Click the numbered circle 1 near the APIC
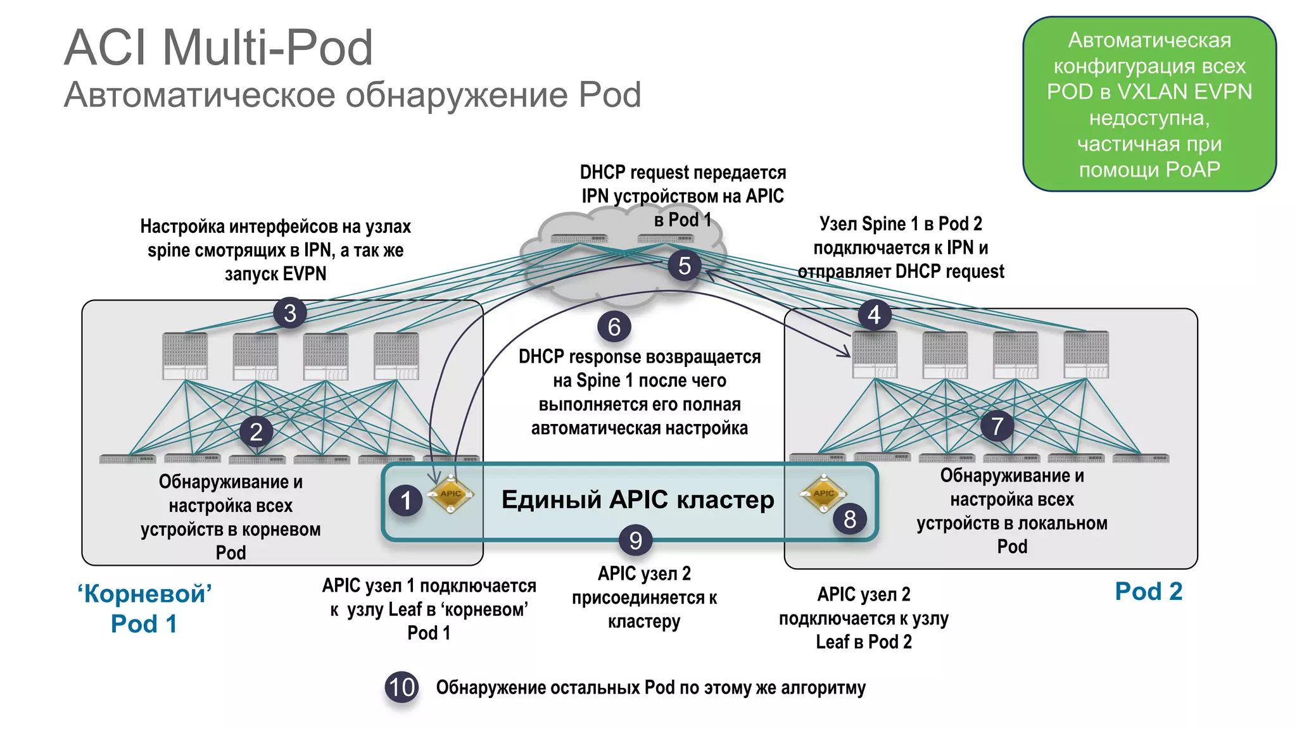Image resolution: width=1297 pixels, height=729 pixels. tap(406, 501)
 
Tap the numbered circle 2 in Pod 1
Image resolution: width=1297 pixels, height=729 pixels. tap(256, 432)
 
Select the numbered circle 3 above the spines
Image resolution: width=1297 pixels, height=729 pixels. tap(290, 313)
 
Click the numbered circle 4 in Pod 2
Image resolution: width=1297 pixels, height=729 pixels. tap(874, 314)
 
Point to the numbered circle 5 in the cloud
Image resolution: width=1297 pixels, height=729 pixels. tap(684, 265)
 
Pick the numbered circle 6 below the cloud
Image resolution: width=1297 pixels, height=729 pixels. tap(614, 327)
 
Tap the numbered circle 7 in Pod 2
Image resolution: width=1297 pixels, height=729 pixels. tap(997, 426)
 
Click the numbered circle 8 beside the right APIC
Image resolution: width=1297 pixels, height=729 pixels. tap(849, 519)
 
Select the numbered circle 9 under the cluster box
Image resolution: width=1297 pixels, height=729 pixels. tap(635, 540)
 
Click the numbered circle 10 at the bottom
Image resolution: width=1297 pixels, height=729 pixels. tap(402, 687)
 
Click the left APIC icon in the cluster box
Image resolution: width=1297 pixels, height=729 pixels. tap(450, 494)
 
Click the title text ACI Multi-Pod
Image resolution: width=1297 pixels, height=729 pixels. tap(218, 47)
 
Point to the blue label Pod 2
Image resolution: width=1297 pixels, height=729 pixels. tap(1148, 591)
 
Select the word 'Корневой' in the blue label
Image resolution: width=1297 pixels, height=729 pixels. tap(144, 594)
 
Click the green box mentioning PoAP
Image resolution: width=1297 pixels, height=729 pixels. tap(1149, 104)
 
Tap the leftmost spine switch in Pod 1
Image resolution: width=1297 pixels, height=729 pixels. tap(185, 356)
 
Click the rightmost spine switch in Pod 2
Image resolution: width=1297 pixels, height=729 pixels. tap(1086, 354)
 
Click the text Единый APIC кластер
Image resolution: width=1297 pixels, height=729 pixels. tap(637, 499)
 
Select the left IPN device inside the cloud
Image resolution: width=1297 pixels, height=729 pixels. tap(579, 239)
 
